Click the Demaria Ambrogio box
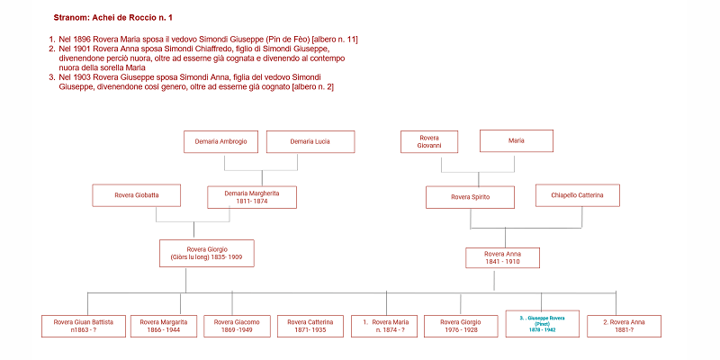(221, 141)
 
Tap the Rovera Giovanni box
(429, 141)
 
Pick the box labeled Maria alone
(516, 141)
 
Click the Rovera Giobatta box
(137, 195)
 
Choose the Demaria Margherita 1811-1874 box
(252, 196)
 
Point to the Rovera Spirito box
(470, 196)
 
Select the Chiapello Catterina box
(577, 195)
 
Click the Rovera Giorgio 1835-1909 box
(206, 253)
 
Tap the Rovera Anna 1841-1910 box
(502, 258)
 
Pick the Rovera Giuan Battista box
(82, 326)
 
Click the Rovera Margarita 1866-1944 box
(163, 326)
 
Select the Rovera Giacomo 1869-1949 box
(238, 326)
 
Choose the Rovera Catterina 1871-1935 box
(310, 326)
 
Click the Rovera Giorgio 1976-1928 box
(460, 326)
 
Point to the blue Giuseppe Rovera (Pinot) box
(541, 323)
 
